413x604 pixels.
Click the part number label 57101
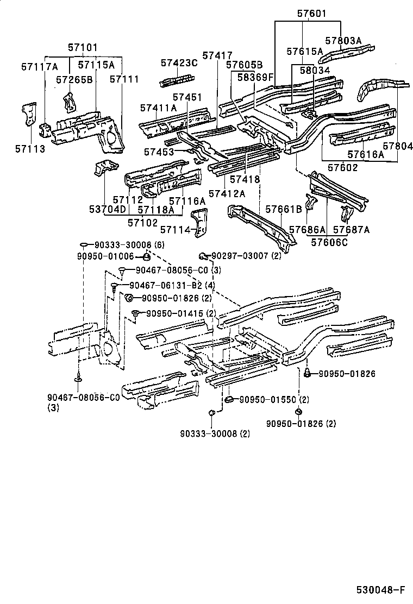83,48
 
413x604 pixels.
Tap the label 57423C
179,63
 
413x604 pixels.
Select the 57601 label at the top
312,13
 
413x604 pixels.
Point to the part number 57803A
343,40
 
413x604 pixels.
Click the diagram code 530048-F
380,590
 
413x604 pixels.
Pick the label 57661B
283,209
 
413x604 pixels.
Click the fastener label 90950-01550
267,400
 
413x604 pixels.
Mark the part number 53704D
108,209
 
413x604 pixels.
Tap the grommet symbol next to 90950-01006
146,256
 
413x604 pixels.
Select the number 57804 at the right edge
398,146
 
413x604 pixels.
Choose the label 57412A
227,193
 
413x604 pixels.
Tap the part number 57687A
351,230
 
